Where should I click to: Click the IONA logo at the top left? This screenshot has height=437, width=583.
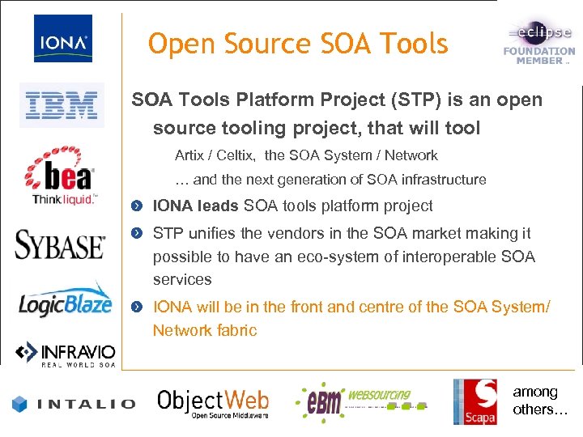(62, 39)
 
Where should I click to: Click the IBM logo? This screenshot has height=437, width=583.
(62, 105)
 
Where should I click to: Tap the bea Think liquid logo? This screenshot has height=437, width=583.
(63, 179)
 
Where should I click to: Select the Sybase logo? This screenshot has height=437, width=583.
(60, 244)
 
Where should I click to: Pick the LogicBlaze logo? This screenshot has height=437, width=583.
(66, 302)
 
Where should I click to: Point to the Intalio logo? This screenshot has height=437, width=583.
(74, 402)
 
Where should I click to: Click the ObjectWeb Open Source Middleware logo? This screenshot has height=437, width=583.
(213, 402)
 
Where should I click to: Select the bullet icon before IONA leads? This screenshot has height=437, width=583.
(139, 207)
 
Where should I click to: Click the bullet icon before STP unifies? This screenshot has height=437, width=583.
(139, 234)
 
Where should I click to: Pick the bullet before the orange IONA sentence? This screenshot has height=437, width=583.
(139, 308)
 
